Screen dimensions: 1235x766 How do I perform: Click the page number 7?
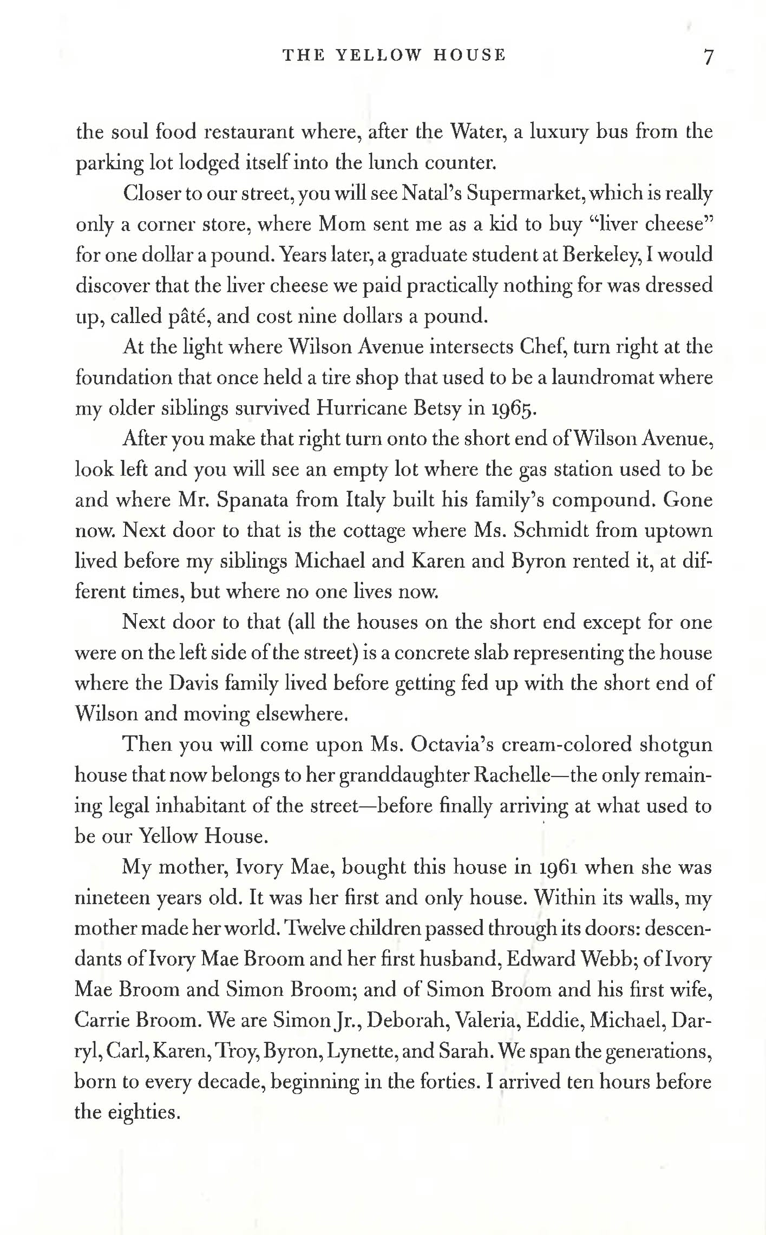[708, 56]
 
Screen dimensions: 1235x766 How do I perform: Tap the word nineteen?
[111, 898]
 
